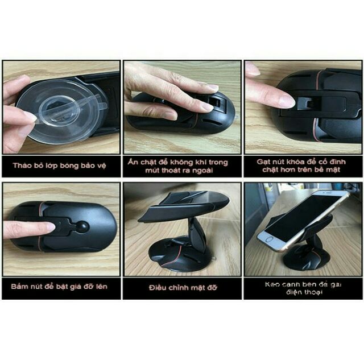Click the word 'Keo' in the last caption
[x=274, y=284]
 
